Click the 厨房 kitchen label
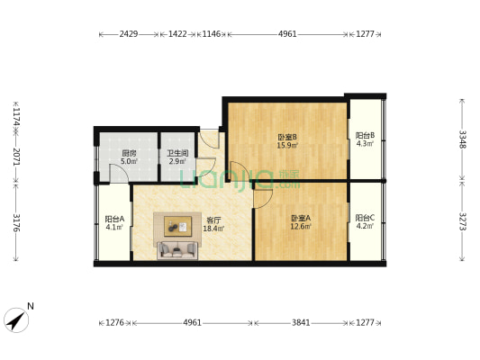130,153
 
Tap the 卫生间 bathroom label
177,153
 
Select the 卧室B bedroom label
287,137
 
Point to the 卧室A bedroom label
301,218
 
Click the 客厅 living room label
213,220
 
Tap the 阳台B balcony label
365,137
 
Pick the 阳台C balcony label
365,218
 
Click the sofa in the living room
177,248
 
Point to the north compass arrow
17,318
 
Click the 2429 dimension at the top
129,34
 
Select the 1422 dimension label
178,34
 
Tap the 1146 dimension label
212,34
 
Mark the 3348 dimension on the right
463,139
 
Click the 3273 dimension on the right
463,220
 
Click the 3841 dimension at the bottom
301,322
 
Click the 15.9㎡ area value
287,146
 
